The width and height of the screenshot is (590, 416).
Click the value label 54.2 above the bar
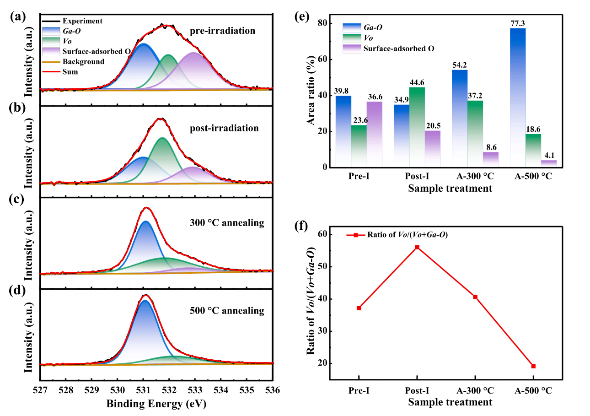click(460, 65)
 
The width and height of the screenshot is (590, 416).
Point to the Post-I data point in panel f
click(417, 247)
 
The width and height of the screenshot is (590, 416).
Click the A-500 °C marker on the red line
click(533, 366)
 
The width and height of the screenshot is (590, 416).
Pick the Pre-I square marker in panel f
click(359, 308)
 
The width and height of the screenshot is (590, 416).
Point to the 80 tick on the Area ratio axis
click(323, 23)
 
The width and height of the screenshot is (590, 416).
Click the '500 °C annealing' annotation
click(227, 311)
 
